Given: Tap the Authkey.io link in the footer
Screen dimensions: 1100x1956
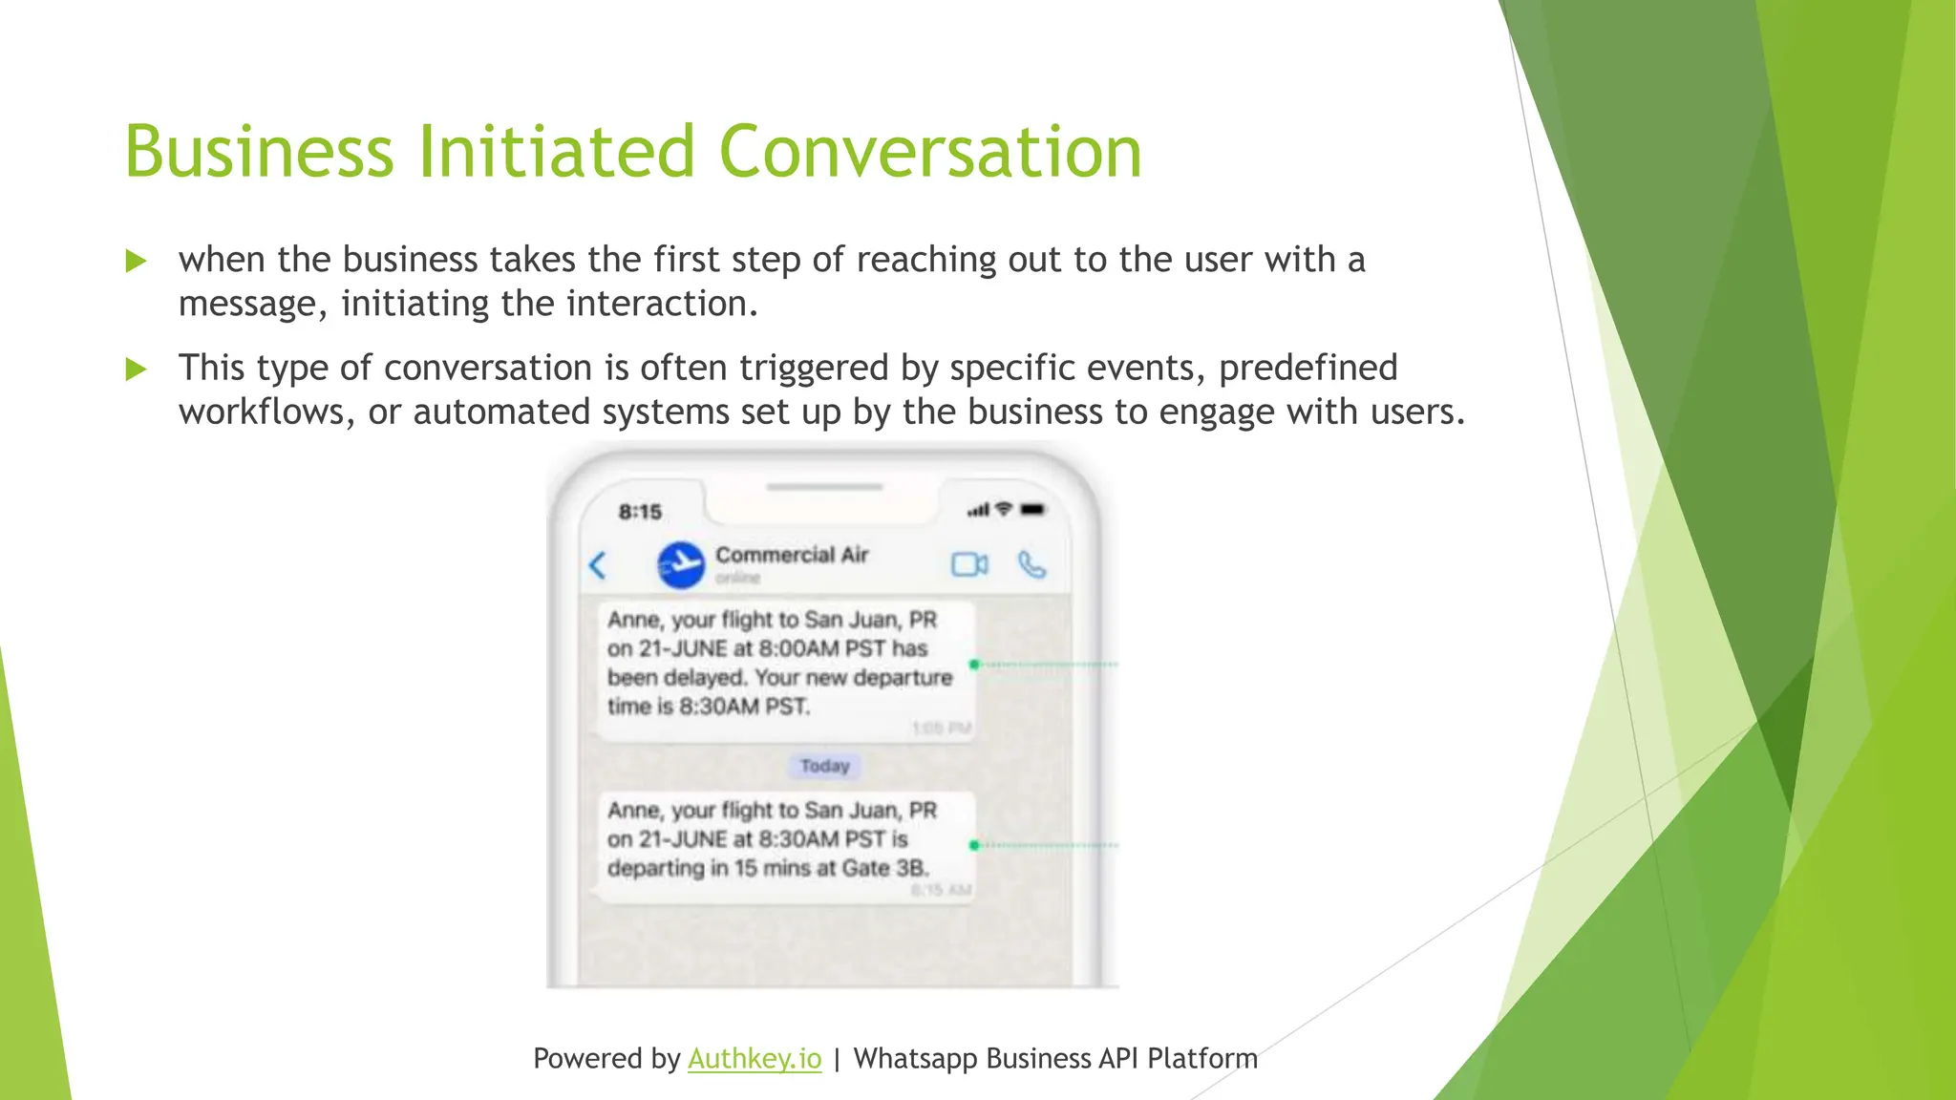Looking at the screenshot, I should point(755,1058).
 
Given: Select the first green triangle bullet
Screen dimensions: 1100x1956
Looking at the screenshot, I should point(136,261).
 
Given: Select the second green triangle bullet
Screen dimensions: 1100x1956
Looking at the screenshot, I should point(136,369).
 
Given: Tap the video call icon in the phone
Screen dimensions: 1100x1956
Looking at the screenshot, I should point(969,564).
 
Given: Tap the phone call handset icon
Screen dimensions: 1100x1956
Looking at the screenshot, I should point(1031,564).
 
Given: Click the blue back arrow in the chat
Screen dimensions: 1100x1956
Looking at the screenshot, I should point(598,564).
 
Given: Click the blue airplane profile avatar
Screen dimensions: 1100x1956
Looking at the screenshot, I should point(681,564).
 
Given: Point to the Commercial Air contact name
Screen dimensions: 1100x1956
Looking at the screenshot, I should point(792,555).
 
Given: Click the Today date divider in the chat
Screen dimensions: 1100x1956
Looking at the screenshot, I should point(824,766).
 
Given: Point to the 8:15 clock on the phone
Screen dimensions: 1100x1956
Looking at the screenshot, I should point(640,512).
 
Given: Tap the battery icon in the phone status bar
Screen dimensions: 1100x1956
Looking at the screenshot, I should point(1033,510).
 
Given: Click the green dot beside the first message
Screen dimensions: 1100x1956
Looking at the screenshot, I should point(974,664).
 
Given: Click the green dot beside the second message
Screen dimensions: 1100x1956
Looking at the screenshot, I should point(974,845).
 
